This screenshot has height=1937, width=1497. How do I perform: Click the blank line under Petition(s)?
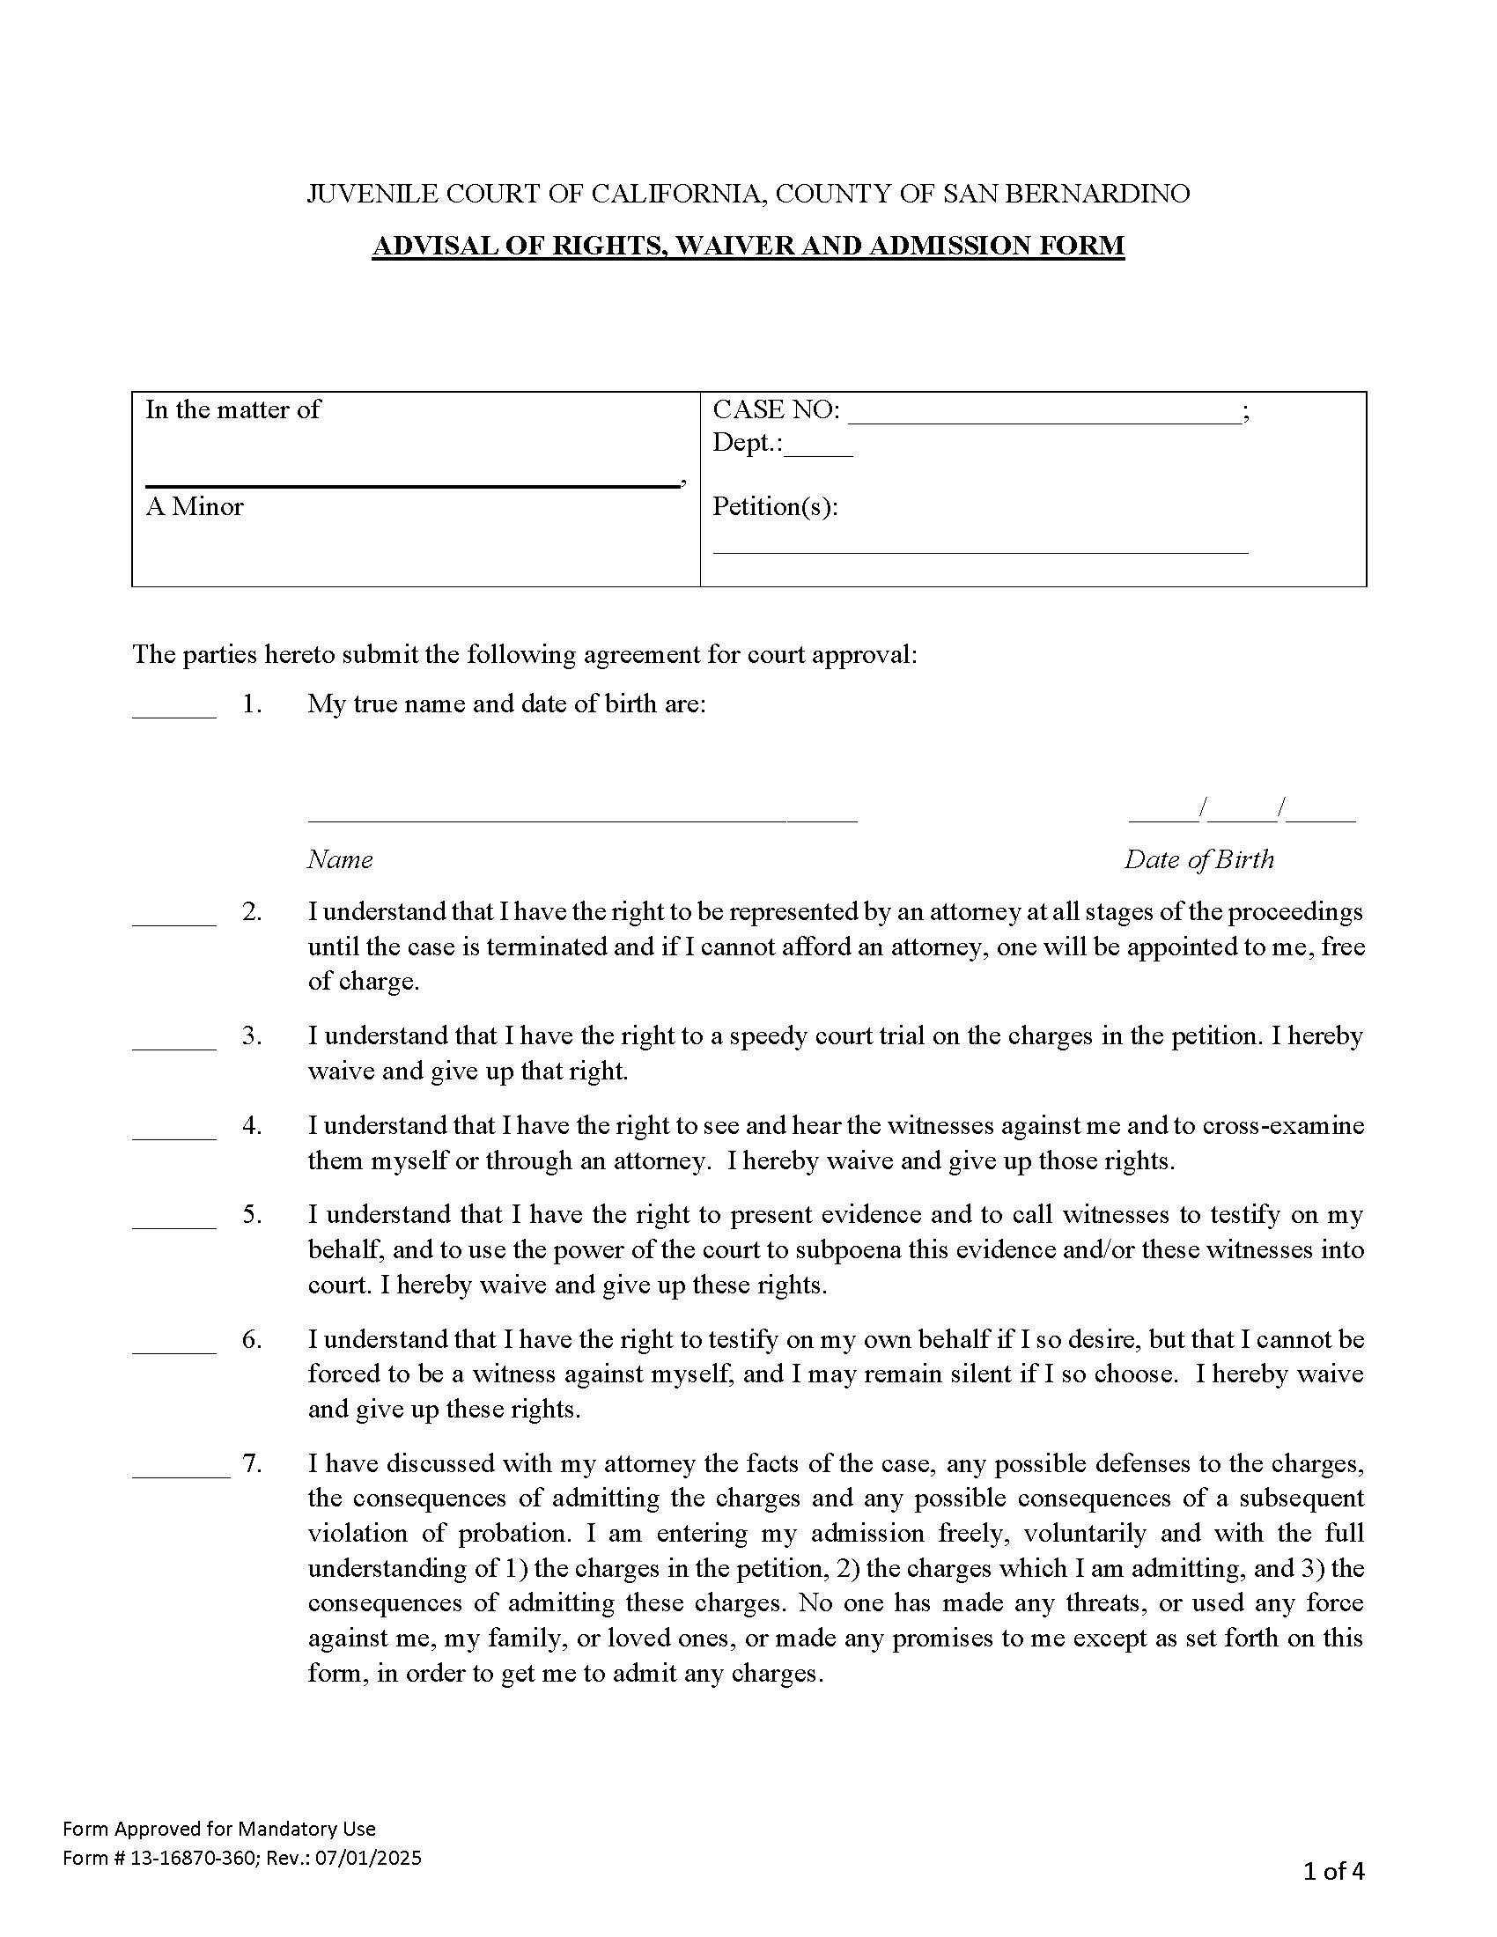click(980, 550)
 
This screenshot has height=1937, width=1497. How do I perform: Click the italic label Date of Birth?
click(1198, 859)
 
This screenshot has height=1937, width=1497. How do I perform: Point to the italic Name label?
click(340, 859)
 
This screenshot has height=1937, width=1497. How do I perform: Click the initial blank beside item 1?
click(173, 714)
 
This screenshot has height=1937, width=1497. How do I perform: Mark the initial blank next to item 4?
click(173, 1136)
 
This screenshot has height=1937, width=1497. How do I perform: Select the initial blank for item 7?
click(181, 1475)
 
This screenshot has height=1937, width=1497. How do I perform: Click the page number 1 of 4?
click(1333, 1871)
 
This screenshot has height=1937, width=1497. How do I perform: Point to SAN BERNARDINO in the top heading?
click(1066, 194)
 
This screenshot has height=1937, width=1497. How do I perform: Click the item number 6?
click(252, 1339)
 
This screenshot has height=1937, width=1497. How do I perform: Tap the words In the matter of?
click(232, 409)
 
